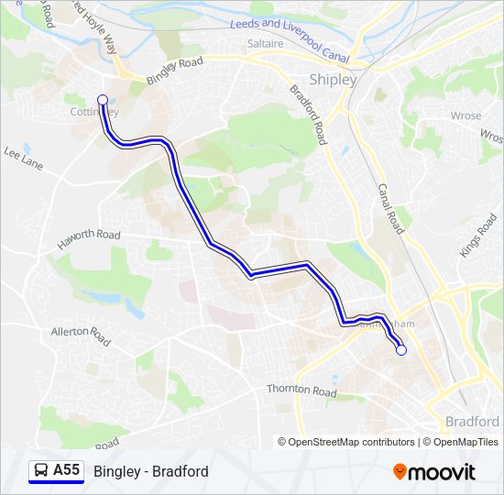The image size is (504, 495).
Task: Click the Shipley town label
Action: pos(334,80)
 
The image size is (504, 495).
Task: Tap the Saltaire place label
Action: pos(265,43)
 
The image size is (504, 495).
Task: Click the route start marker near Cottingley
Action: pos(103,100)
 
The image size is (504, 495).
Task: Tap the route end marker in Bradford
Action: pos(400,350)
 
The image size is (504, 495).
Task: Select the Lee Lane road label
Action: pos(24,159)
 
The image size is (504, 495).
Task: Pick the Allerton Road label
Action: pos(81,335)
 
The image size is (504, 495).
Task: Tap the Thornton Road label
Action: pos(301,390)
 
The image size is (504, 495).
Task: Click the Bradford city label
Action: pos(471,422)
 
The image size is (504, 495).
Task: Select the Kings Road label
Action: pos(478,235)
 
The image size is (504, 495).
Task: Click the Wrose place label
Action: pos(466,116)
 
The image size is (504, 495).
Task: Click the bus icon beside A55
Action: pos(41,471)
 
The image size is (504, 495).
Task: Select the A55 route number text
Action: pos(67,470)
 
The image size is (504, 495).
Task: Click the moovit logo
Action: pos(434,472)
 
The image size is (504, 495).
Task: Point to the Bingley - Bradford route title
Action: pos(150,471)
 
